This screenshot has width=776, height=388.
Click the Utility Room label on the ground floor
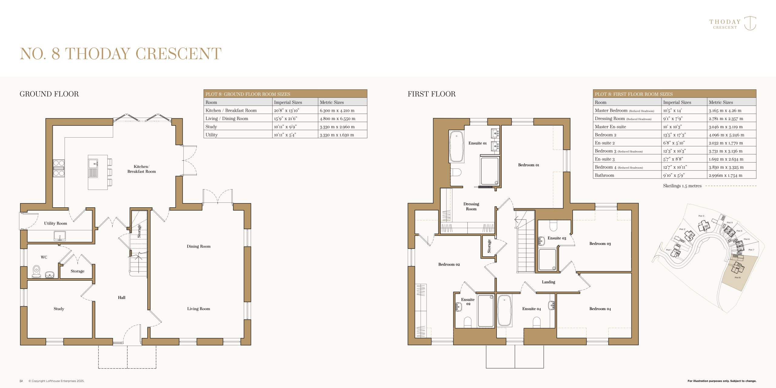coord(55,223)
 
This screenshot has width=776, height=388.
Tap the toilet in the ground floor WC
coord(36,272)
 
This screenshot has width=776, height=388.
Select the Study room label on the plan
coord(59,309)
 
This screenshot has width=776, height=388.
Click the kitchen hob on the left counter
coord(59,168)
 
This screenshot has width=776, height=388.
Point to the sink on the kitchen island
coord(93,168)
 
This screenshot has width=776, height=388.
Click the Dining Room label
coord(199,246)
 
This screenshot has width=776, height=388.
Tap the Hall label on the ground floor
coord(122,298)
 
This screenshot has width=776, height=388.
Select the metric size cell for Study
coord(337,127)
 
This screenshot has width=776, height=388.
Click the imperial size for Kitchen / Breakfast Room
coord(286,111)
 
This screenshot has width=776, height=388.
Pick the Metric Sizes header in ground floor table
coord(332,102)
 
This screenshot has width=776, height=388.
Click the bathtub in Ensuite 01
coord(456,147)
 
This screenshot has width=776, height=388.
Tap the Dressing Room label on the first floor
coord(471,206)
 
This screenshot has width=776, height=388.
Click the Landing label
coord(549,282)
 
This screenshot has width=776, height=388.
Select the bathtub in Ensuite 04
coord(504,311)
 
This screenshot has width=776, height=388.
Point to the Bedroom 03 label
coord(600,244)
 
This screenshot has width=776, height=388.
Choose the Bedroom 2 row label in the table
coord(605,135)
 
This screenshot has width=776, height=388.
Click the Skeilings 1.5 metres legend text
coord(682,186)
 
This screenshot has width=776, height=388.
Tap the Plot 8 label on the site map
coord(738,278)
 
